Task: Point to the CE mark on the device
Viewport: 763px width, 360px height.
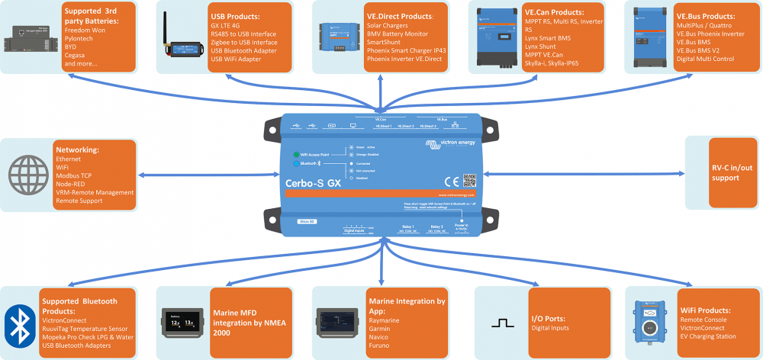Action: (450, 181)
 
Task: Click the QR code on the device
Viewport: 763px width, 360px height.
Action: (469, 181)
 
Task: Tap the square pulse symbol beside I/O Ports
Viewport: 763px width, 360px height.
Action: (502, 323)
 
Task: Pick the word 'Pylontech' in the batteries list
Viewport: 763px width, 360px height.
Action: (81, 37)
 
